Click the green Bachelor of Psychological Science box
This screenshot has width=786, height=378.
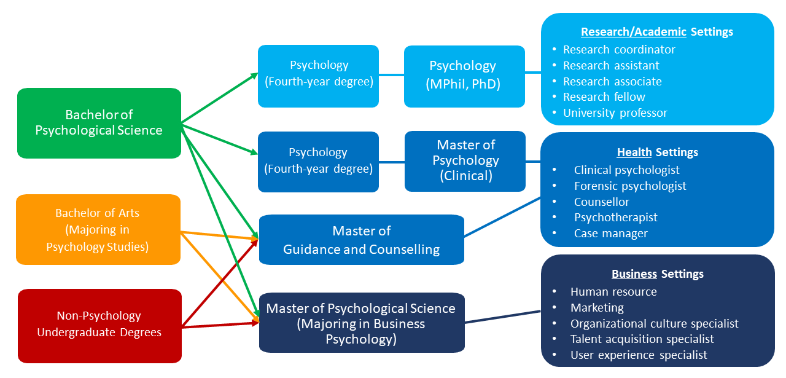[x=99, y=122]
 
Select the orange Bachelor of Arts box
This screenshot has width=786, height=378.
[x=98, y=229]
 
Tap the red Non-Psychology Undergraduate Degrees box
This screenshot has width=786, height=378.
[x=99, y=325]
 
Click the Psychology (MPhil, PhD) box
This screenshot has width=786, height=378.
[x=464, y=76]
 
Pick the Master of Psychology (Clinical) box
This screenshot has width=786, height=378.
[x=465, y=160]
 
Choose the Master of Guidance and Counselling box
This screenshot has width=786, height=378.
[x=361, y=240]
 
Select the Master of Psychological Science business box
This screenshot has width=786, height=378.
[x=361, y=323]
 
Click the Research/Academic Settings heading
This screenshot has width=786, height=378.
[x=656, y=31]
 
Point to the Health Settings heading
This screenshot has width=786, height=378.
[x=657, y=152]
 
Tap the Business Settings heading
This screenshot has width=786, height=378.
[x=657, y=274]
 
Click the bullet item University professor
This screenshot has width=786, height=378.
[x=615, y=113]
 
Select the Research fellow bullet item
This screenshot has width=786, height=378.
[x=604, y=97]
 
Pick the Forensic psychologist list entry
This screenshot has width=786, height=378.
[x=630, y=186]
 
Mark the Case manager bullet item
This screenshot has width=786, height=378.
[x=610, y=234]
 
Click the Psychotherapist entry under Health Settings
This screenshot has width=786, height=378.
[x=615, y=218]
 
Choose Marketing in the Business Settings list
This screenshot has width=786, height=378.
[x=597, y=307]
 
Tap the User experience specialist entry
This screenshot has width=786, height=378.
[x=639, y=355]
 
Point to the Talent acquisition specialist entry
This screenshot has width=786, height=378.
[x=642, y=339]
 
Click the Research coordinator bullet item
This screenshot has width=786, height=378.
[x=619, y=50]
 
